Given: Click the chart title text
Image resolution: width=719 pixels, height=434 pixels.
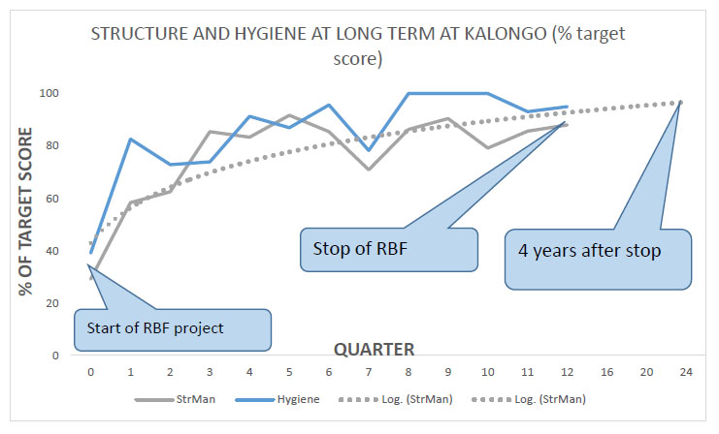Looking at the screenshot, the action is pyautogui.click(x=358, y=46).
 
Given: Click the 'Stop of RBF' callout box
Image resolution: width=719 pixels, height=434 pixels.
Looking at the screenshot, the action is pyautogui.click(x=389, y=250).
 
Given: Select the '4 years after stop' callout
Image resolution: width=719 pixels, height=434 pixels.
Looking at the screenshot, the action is pyautogui.click(x=598, y=259).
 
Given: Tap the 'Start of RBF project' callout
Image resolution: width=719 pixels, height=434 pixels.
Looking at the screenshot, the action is pyautogui.click(x=173, y=329).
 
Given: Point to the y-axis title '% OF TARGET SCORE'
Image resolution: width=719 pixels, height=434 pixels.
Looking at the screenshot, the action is pyautogui.click(x=25, y=211).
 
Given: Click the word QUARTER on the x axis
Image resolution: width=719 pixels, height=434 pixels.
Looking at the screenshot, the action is pyautogui.click(x=374, y=350).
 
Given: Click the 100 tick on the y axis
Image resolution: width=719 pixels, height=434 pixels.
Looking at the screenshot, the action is pyautogui.click(x=49, y=93).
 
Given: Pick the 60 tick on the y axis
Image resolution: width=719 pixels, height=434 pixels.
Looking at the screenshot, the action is pyautogui.click(x=52, y=199).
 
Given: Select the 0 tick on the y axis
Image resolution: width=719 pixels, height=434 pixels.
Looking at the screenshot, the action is pyautogui.click(x=55, y=356).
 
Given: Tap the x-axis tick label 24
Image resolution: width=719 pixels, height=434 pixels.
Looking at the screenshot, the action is pyautogui.click(x=686, y=372).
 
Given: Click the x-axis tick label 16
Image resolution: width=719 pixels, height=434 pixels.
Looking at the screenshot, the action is pyautogui.click(x=606, y=372).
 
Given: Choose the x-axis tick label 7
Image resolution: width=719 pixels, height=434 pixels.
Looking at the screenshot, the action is pyautogui.click(x=368, y=372).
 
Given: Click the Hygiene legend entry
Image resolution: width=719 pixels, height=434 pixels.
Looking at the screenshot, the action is pyautogui.click(x=278, y=399).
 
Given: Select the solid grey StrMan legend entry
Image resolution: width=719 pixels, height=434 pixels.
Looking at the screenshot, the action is pyautogui.click(x=175, y=399).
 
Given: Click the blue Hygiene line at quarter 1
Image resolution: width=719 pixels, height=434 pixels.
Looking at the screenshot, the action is pyautogui.click(x=130, y=139).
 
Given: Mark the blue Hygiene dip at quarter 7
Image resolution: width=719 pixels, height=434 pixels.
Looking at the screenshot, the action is pyautogui.click(x=368, y=150).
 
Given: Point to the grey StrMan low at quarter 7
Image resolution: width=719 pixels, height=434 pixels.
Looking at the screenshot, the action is pyautogui.click(x=368, y=170).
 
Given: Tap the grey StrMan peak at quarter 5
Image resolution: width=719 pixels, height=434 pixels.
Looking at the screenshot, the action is pyautogui.click(x=289, y=115).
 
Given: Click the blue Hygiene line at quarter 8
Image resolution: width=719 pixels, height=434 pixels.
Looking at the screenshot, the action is pyautogui.click(x=409, y=93).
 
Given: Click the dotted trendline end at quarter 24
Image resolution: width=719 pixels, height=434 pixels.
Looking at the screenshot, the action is pyautogui.click(x=680, y=102).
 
